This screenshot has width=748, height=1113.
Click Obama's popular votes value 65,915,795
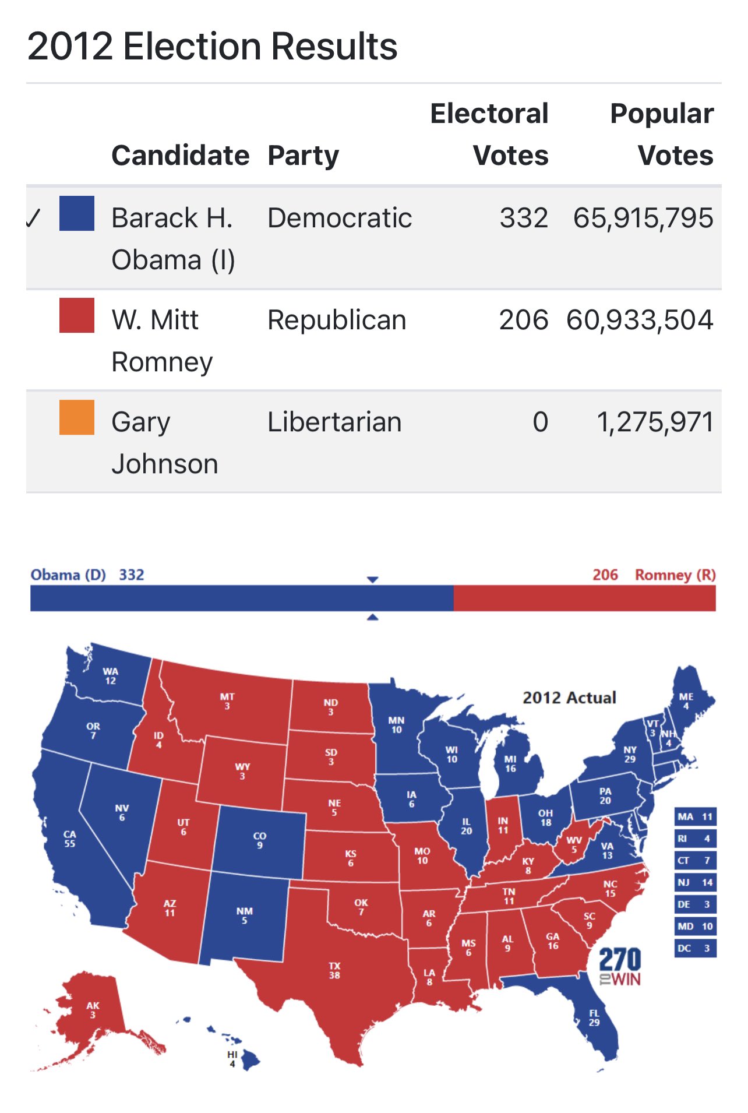[x=643, y=219]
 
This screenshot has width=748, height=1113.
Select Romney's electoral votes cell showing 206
[x=523, y=320]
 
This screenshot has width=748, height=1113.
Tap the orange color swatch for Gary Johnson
[x=77, y=417]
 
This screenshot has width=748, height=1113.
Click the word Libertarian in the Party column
[x=334, y=422]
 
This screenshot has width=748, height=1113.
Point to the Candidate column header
[x=180, y=156]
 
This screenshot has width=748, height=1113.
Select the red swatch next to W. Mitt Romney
[x=77, y=315]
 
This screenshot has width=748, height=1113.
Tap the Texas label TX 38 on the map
[x=334, y=970]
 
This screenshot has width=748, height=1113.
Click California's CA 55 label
[x=69, y=839]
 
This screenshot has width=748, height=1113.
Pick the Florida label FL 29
[x=594, y=1017]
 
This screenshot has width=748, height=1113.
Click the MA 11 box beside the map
[x=695, y=817]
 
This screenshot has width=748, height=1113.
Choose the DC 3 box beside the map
[x=695, y=948]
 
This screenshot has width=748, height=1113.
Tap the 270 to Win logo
[x=620, y=967]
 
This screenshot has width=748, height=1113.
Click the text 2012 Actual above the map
[x=569, y=698]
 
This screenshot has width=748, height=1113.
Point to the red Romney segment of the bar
[x=584, y=598]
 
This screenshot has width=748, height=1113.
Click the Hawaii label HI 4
[x=232, y=1059]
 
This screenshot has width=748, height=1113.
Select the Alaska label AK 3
[x=93, y=1010]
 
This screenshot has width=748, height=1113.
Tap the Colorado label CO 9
[x=260, y=840]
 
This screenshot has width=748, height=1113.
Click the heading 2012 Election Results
[x=212, y=47]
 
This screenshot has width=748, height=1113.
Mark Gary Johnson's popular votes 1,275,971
[x=655, y=422]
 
